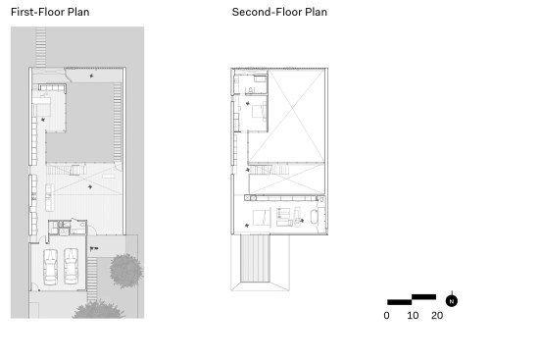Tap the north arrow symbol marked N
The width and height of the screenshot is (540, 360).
[452, 301]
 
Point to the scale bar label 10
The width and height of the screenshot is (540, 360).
[413, 316]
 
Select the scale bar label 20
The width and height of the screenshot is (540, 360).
[437, 316]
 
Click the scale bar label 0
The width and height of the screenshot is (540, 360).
[386, 316]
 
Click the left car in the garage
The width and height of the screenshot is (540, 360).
[50, 267]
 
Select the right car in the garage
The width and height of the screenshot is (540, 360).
[72, 266]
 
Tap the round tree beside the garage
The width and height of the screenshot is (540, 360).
[126, 271]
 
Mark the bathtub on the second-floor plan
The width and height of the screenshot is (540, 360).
[315, 217]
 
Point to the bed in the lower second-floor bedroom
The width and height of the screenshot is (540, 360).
[261, 218]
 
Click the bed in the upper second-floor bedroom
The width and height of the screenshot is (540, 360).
[259, 112]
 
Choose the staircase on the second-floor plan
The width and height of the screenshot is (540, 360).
[270, 170]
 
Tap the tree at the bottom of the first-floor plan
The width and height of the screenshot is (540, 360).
[98, 310]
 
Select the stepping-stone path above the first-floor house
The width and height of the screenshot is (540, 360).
[40, 48]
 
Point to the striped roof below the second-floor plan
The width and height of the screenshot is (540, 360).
[255, 259]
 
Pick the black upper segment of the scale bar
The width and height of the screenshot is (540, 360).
[424, 297]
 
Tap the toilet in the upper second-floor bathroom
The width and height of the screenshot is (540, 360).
[251, 90]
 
